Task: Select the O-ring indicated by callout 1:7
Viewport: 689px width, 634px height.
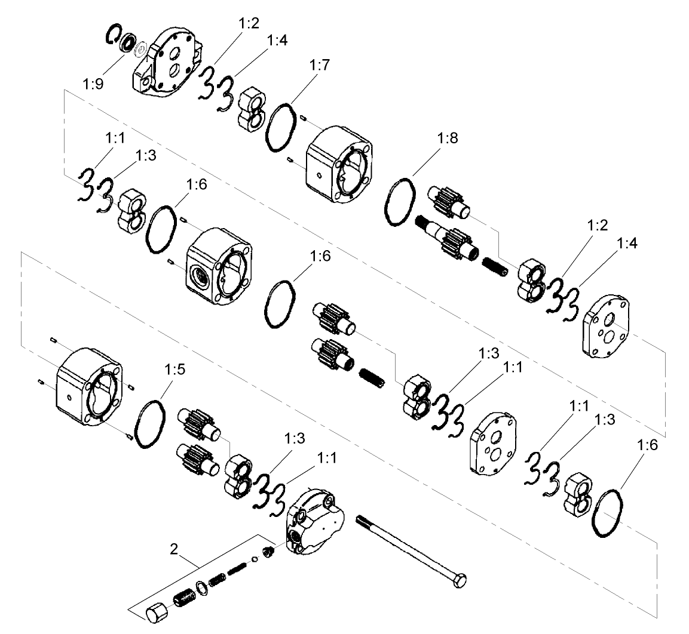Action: coord(281,128)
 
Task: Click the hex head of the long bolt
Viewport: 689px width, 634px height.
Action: coord(460,580)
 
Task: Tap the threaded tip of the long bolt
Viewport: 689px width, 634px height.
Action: coord(362,521)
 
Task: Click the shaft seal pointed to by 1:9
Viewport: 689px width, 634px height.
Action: coord(127,44)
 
